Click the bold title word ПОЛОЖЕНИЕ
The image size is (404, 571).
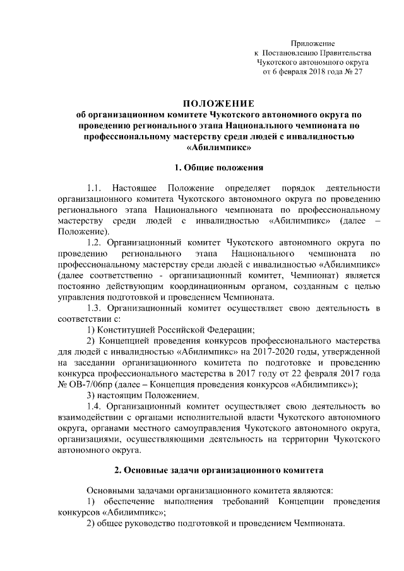218,103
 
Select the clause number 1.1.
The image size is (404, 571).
94,188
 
